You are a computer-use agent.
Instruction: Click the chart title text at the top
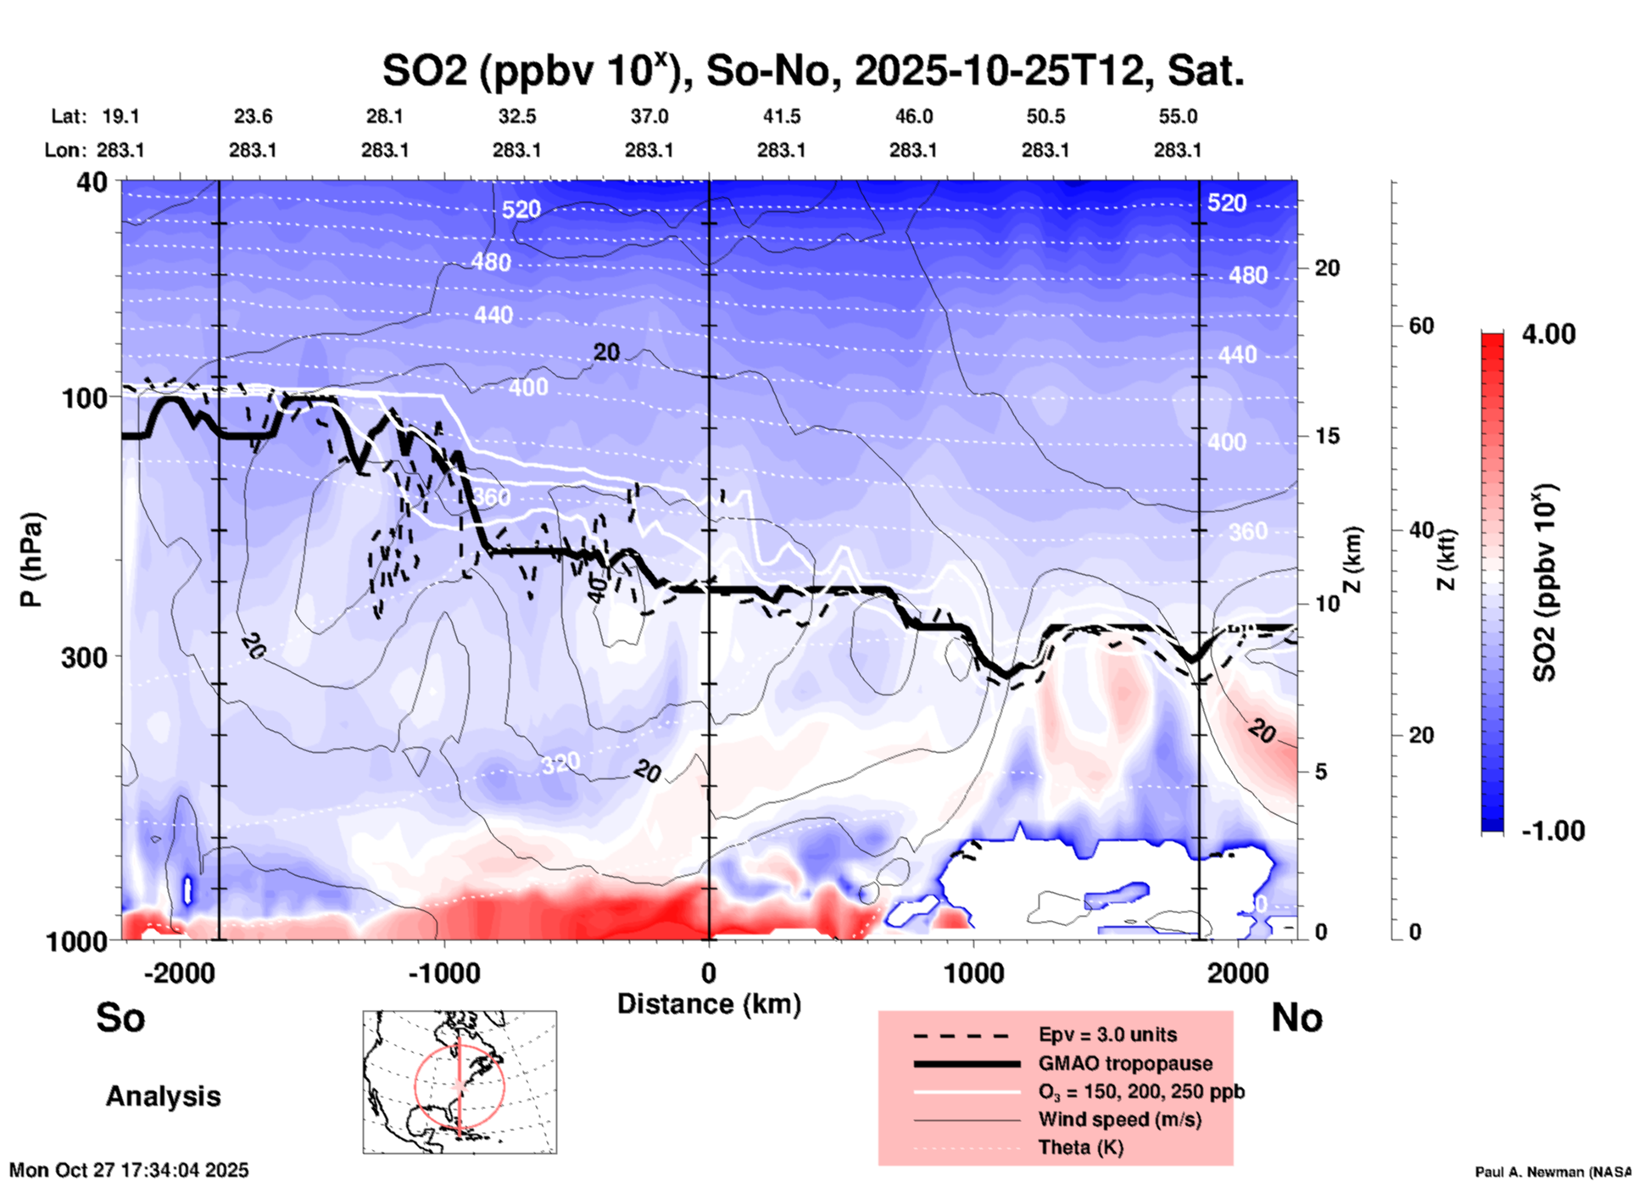[812, 71]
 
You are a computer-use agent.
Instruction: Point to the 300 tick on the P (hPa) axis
[84, 657]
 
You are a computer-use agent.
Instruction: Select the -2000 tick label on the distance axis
[179, 973]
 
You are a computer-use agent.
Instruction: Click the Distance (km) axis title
[709, 1004]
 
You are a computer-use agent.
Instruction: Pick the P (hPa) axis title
[31, 560]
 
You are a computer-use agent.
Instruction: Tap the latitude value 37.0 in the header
[649, 116]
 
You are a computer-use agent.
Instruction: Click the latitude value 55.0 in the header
[1178, 116]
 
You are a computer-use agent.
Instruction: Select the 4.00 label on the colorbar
[1548, 334]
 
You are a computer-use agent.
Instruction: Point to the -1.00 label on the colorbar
[1552, 831]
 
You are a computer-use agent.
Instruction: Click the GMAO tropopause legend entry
[1125, 1063]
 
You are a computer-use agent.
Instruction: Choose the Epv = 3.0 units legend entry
[1107, 1034]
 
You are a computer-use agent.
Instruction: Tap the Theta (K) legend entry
[1080, 1147]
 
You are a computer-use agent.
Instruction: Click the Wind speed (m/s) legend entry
[1119, 1119]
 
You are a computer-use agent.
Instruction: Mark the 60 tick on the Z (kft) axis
[1421, 326]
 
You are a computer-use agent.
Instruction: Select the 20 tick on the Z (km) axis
[1327, 268]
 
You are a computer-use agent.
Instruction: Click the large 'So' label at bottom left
[120, 1018]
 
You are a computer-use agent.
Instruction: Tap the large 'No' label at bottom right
[1296, 1018]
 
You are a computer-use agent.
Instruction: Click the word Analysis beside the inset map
[163, 1096]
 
